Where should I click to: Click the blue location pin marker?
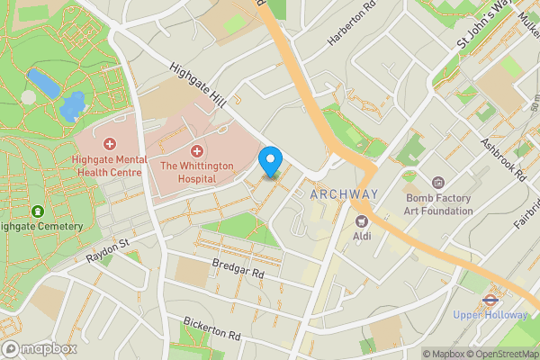coord(269,161)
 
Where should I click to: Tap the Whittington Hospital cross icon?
coord(197,150)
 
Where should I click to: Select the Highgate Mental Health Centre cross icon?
coord(111,144)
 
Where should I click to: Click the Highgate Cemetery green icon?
coord(37,211)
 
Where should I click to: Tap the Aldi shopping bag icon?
coord(363,220)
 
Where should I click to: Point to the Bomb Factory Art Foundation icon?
coord(438,183)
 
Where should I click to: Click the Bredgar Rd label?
coord(238,267)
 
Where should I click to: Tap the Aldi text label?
coord(363,236)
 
